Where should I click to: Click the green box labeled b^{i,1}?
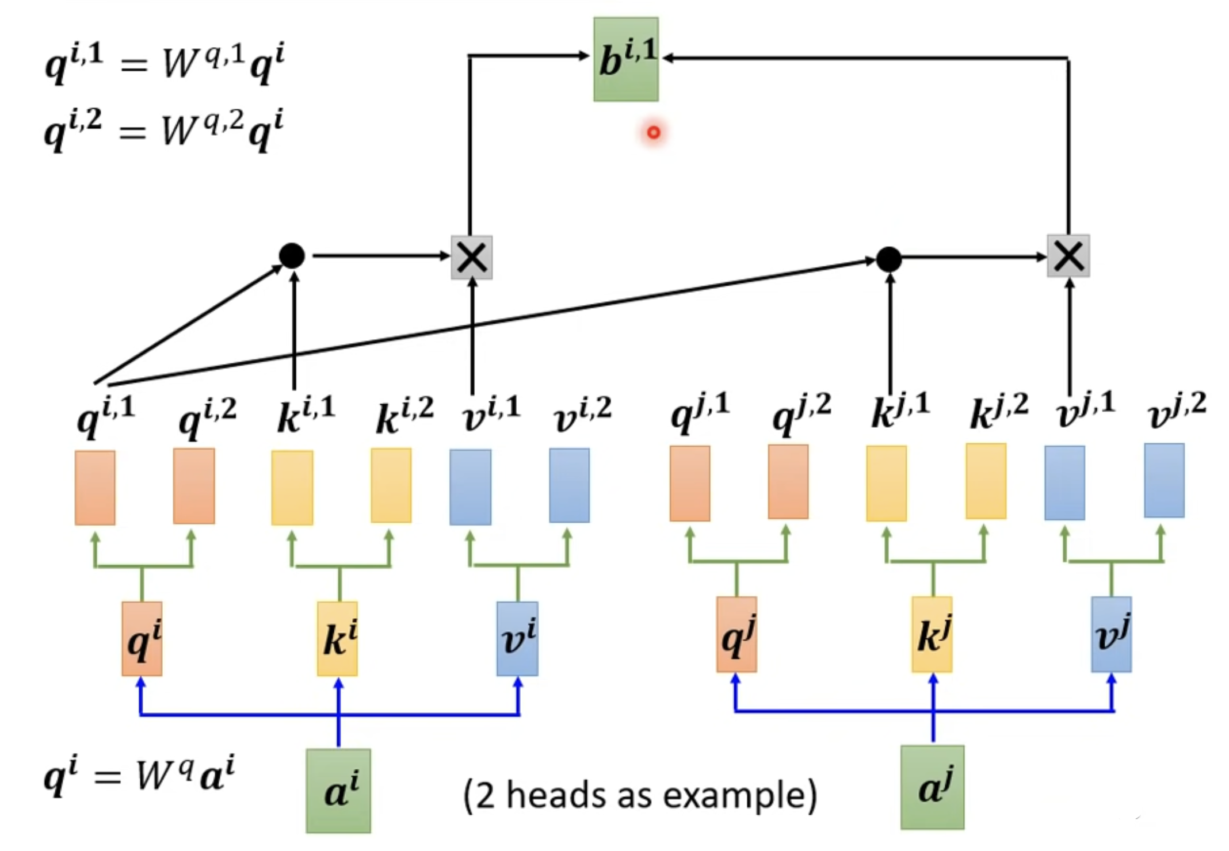coord(626,59)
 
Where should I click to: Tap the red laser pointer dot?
coord(654,133)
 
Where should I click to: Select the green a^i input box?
coord(338,791)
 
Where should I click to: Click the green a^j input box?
coord(933,787)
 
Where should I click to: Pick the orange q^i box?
coord(142,639)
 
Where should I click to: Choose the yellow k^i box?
coord(338,639)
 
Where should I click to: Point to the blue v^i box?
coord(518,639)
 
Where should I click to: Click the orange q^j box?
coord(736,634)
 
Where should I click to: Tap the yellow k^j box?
coord(932,634)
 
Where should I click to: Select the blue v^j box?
coord(1112,634)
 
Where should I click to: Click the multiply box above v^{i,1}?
coord(472,257)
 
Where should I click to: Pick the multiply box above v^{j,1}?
coord(1068,256)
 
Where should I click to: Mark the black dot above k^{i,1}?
coord(292,256)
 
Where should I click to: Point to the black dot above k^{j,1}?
coord(889,259)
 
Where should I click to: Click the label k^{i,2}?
coord(405,415)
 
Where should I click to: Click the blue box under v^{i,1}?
coord(471,487)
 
